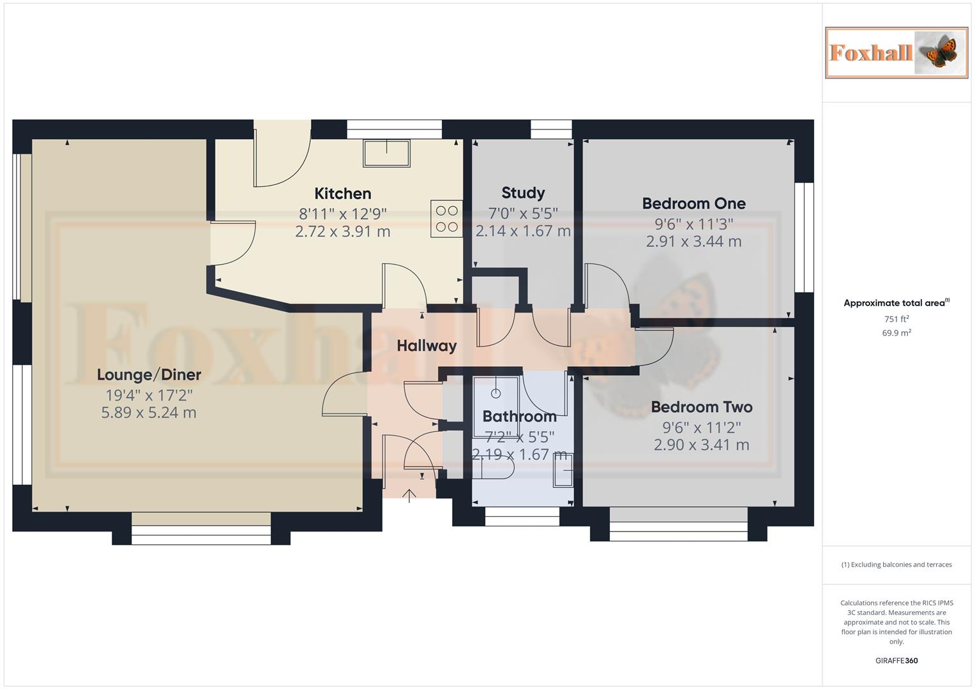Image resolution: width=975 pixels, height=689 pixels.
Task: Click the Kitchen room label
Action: click(343, 193)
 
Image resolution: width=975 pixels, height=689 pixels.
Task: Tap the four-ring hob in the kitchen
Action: click(446, 218)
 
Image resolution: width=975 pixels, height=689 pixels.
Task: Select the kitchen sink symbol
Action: click(387, 153)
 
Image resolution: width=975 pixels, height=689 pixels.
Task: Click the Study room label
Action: click(523, 193)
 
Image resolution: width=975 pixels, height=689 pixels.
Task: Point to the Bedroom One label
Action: click(693, 204)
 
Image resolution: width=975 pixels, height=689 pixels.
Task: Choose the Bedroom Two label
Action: click(701, 407)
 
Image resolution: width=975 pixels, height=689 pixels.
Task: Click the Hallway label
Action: click(427, 346)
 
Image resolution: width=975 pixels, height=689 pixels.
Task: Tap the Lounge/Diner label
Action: click(149, 374)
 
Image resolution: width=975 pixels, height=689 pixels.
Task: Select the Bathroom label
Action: click(519, 417)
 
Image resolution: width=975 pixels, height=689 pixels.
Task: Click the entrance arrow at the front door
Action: click(409, 495)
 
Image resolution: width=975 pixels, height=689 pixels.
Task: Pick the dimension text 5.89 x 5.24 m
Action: click(149, 413)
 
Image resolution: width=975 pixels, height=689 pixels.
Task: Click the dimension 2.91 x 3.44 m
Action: click(693, 242)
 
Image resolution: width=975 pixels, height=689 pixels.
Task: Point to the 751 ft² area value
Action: click(896, 319)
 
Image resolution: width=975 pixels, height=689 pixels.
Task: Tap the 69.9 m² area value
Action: click(896, 333)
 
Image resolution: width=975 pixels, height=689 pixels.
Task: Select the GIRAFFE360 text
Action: click(896, 660)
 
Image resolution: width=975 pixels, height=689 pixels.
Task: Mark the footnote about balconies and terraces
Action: click(896, 565)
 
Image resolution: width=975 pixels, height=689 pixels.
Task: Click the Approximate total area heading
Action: click(895, 303)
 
